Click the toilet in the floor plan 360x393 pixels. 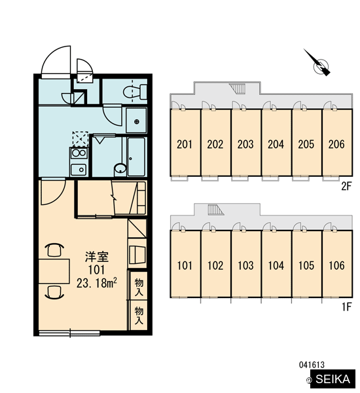[135, 92]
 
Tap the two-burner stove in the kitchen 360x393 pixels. [79, 153]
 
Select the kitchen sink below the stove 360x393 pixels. [79, 170]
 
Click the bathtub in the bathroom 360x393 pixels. [136, 157]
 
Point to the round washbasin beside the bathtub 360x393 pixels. [120, 169]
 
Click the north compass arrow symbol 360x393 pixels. [317, 63]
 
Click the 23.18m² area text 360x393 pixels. [97, 283]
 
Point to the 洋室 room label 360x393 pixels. [97, 257]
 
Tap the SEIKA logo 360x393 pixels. [333, 379]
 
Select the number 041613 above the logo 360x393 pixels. [312, 365]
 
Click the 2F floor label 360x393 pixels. [346, 186]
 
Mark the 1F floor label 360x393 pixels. [347, 307]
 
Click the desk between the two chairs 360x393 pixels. [54, 271]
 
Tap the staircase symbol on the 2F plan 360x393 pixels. [238, 88]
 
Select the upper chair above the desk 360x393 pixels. [54, 250]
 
